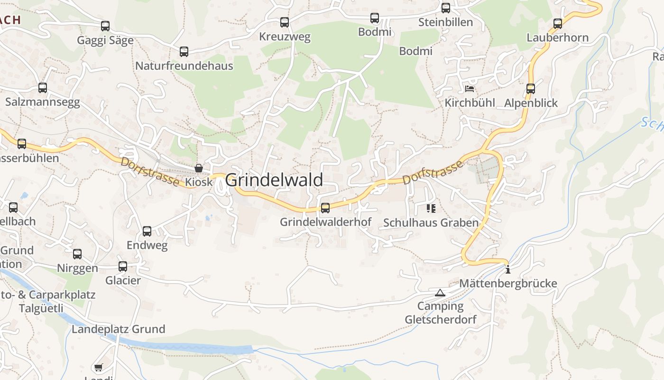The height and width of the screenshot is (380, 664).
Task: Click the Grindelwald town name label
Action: (274, 180)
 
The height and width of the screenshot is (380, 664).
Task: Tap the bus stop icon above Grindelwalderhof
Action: (325, 208)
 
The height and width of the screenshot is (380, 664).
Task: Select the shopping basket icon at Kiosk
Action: (199, 168)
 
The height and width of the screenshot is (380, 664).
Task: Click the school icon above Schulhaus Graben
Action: (431, 208)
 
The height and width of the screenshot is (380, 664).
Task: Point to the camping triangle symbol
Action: (440, 293)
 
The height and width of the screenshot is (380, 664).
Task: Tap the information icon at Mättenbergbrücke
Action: (508, 269)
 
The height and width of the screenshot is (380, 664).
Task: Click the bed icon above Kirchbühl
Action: (470, 88)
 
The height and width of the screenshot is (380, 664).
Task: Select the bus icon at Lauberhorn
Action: (558, 23)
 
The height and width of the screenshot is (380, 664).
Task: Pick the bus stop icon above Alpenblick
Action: (531, 89)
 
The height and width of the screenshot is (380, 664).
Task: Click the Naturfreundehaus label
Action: (184, 66)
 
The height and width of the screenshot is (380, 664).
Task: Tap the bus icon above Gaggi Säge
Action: (105, 26)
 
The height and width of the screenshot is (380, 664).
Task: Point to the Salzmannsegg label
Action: (43, 102)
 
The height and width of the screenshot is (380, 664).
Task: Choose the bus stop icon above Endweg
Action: (147, 231)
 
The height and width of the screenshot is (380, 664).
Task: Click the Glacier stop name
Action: (123, 280)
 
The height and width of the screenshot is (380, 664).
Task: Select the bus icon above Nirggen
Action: (77, 254)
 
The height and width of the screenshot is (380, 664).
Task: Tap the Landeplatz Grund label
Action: (118, 329)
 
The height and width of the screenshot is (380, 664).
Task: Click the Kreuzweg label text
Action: (285, 37)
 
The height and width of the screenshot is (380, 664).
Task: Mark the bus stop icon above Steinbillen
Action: (446, 8)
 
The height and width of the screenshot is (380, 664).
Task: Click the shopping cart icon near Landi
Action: (98, 367)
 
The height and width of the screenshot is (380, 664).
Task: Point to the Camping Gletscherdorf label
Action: (440, 313)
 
